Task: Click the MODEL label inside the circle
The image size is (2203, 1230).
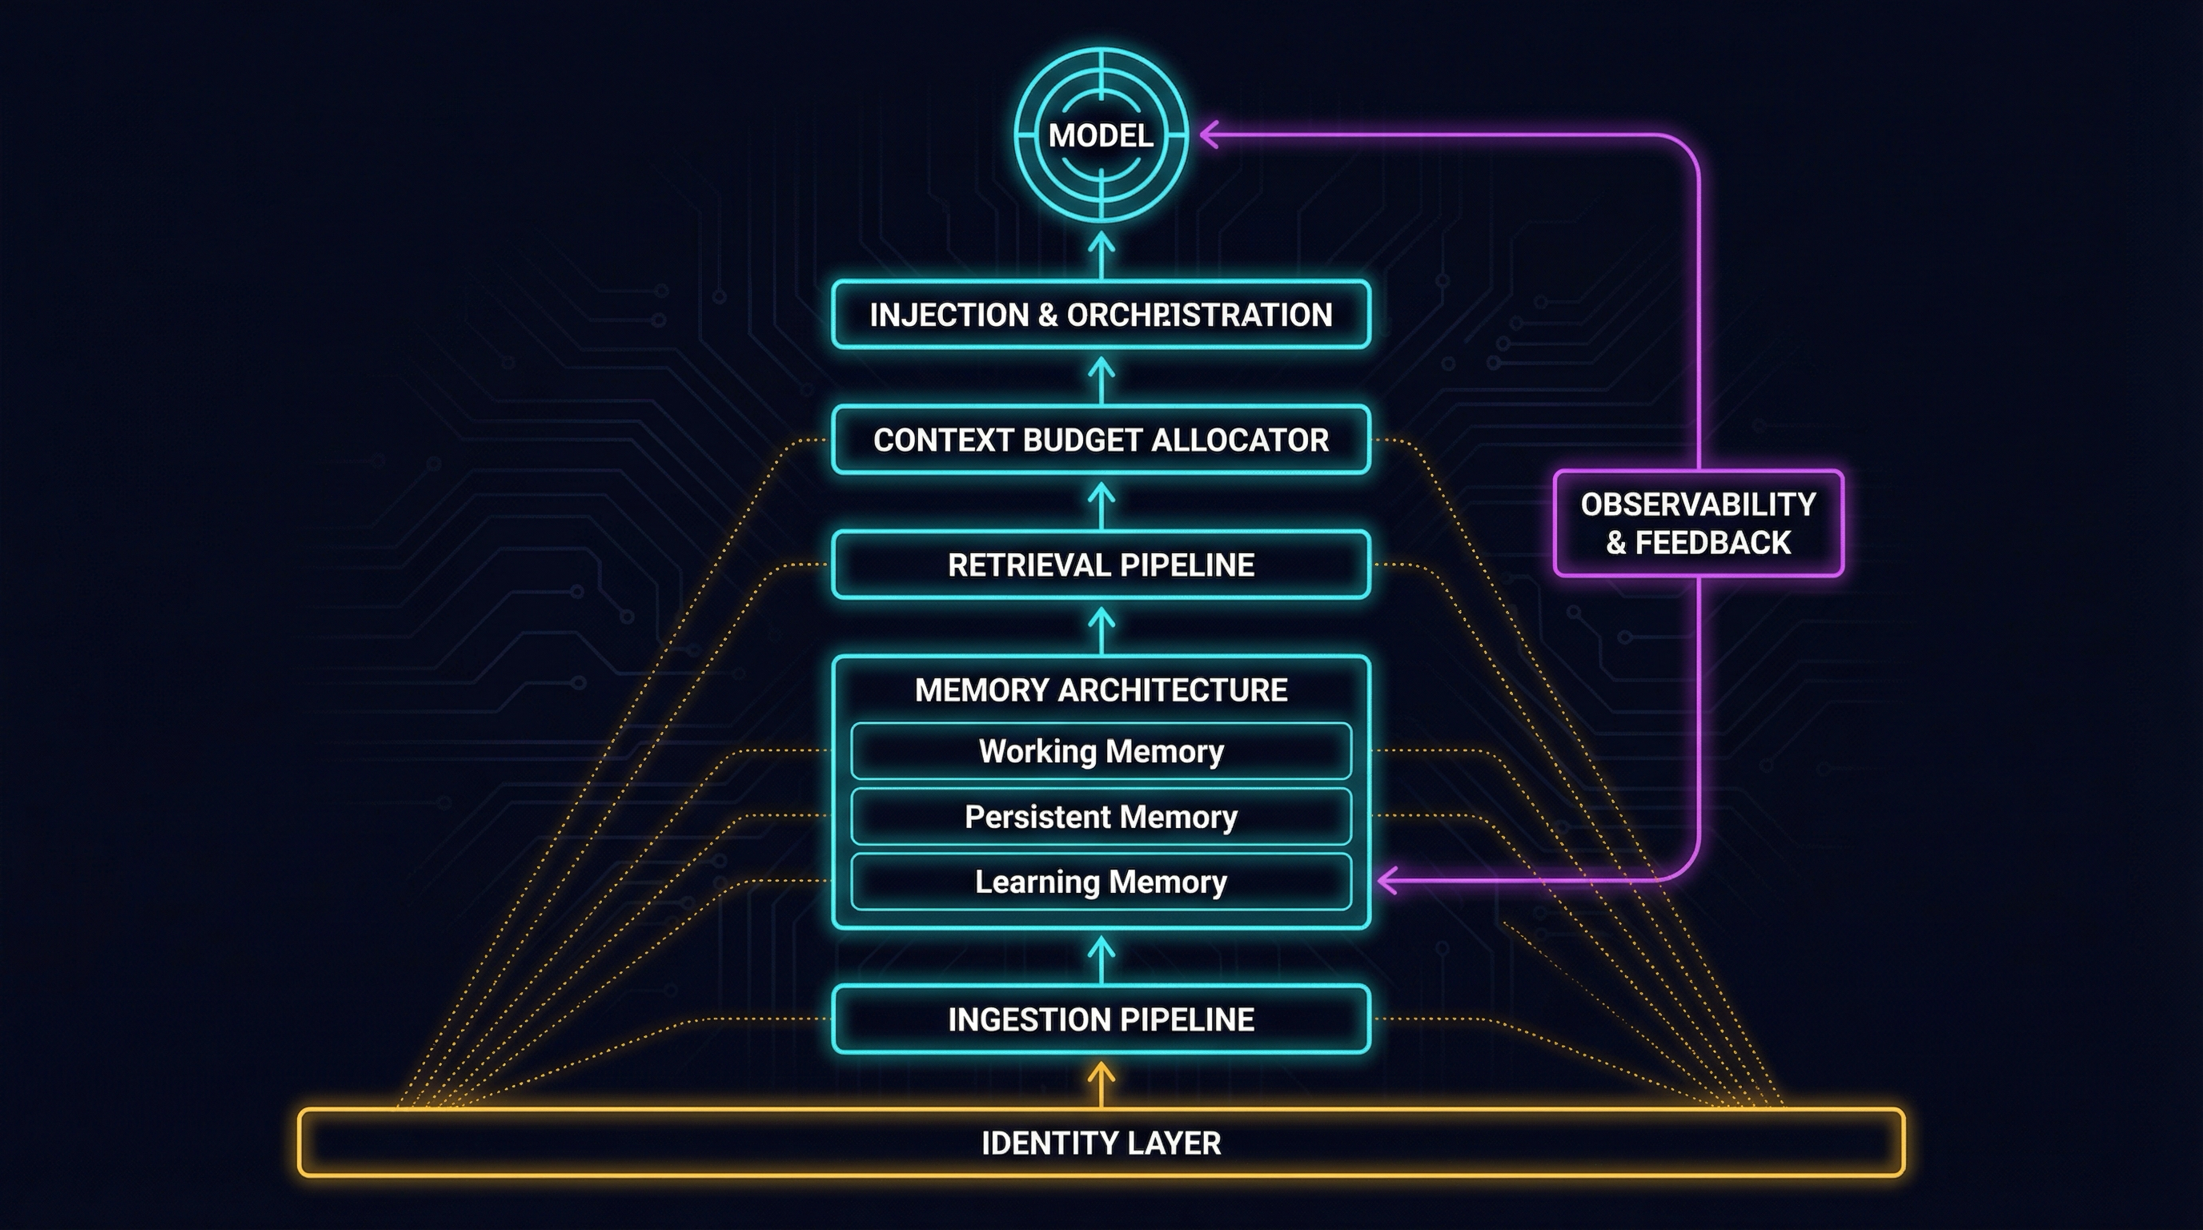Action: tap(1101, 135)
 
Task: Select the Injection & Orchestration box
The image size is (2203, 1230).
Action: tap(1101, 315)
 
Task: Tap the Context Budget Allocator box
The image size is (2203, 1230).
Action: tap(1101, 440)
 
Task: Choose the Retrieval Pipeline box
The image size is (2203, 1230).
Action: tap(1101, 565)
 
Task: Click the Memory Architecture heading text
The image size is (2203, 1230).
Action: tap(1101, 690)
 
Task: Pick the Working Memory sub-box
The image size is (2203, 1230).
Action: tap(1101, 751)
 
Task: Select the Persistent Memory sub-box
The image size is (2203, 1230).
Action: tap(1101, 817)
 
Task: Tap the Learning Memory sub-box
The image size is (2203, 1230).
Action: tap(1101, 882)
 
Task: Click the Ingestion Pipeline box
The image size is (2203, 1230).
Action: tap(1101, 1019)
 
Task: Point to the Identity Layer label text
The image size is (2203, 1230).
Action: tap(1101, 1144)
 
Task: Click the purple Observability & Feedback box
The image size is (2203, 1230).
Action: tap(1698, 523)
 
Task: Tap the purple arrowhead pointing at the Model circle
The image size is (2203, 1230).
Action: tap(1210, 135)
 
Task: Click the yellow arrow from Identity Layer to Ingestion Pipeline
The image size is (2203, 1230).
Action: tap(1101, 1083)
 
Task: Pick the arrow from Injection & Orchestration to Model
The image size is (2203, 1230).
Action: tap(1101, 255)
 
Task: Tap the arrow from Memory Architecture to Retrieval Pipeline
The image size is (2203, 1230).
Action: tap(1101, 629)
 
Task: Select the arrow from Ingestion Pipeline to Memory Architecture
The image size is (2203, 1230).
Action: tap(1101, 958)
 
